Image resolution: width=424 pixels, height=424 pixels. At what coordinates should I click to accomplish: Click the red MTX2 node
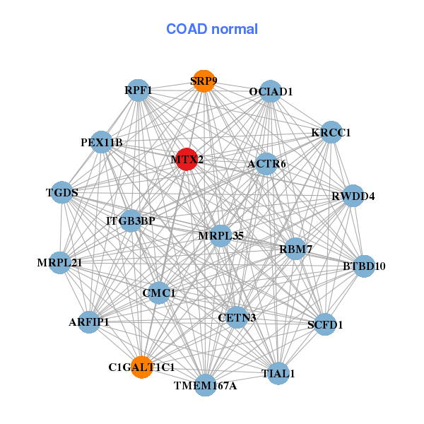(186, 160)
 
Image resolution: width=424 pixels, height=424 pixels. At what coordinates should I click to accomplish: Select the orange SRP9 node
(204, 81)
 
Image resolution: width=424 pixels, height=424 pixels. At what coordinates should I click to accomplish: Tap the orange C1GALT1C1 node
(142, 367)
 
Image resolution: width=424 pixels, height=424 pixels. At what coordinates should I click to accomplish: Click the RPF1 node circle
(139, 90)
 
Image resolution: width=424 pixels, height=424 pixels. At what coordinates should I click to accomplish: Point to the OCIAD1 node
(271, 92)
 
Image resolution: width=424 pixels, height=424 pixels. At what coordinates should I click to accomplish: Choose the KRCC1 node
(331, 133)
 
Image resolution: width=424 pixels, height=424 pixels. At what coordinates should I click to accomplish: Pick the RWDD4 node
(353, 196)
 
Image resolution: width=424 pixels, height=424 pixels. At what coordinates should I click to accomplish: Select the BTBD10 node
(364, 266)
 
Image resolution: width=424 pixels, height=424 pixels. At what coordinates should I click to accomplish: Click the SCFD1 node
(325, 325)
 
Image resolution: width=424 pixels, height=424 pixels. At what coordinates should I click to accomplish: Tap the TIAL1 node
(278, 372)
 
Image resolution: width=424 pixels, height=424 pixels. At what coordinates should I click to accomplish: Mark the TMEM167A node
(206, 385)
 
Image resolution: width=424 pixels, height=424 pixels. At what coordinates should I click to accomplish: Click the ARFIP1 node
(89, 322)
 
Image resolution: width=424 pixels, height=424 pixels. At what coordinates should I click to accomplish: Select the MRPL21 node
(60, 263)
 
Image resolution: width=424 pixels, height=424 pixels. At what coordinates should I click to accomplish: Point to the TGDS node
(62, 192)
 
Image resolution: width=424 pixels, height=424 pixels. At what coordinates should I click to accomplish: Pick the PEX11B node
(102, 143)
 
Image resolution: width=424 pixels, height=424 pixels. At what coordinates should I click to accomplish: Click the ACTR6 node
(266, 165)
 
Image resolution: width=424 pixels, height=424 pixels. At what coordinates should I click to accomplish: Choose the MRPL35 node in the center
(220, 235)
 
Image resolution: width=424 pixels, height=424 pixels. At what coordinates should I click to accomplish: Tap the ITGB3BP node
(131, 221)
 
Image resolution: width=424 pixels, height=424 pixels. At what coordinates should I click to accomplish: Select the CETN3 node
(237, 317)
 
